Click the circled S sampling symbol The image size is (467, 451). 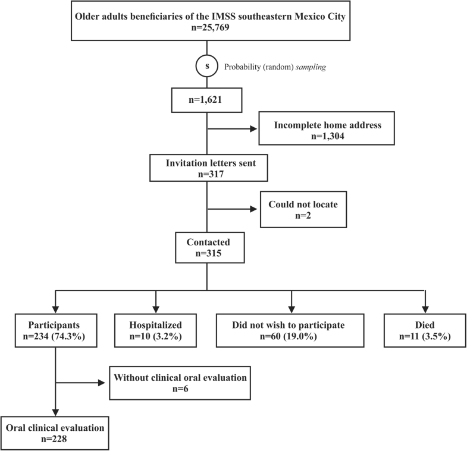pyautogui.click(x=207, y=67)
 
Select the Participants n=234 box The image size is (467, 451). pyautogui.click(x=55, y=329)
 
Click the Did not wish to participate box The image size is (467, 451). pyautogui.click(x=290, y=329)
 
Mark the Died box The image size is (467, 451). pyautogui.click(x=424, y=329)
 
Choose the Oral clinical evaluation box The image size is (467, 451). pyautogui.click(x=55, y=432)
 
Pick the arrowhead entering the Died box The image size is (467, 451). pyautogui.click(x=424, y=308)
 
